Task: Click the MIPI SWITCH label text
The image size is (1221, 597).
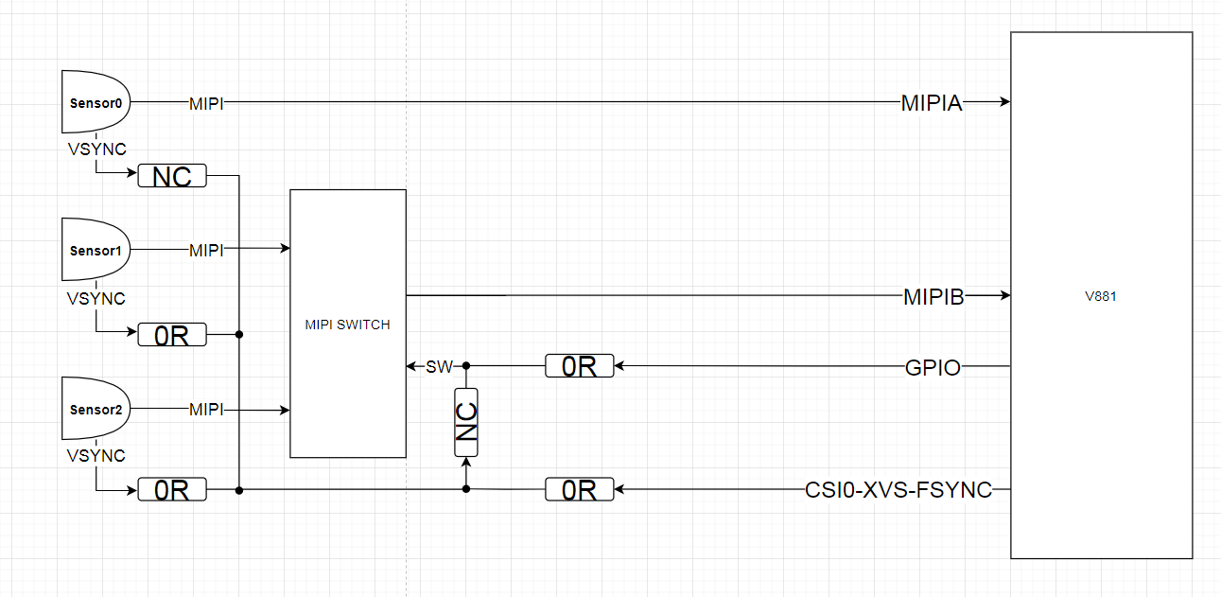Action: click(347, 325)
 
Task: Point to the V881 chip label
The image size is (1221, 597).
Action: click(1101, 296)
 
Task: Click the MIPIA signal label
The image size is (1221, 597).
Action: click(932, 103)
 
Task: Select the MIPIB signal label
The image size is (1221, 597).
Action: click(933, 297)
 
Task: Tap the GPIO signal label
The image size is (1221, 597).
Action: click(933, 368)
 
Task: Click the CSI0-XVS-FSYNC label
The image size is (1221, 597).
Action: click(898, 490)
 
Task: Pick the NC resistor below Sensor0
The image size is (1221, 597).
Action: click(172, 176)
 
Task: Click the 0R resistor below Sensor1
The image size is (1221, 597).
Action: click(172, 335)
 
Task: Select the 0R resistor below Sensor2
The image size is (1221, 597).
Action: click(172, 490)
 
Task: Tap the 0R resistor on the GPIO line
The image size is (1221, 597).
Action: click(580, 366)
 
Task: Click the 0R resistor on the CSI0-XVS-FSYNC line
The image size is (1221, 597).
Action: click(580, 490)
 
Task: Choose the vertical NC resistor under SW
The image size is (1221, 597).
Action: click(466, 422)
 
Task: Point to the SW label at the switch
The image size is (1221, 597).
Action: click(439, 367)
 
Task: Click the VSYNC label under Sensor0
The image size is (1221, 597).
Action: click(96, 149)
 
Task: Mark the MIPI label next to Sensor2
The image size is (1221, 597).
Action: click(206, 410)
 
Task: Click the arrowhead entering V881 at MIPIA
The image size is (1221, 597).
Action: click(1004, 102)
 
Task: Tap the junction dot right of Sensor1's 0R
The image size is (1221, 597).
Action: click(239, 335)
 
